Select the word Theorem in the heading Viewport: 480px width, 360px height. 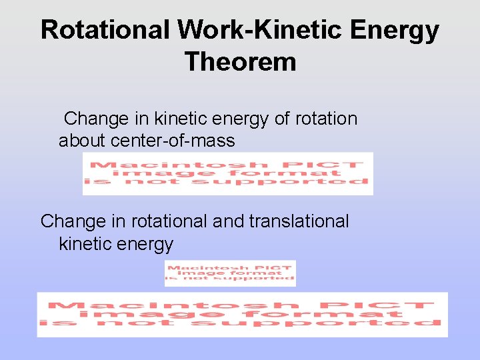pyautogui.click(x=240, y=62)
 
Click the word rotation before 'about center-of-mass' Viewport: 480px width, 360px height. pyautogui.click(x=326, y=119)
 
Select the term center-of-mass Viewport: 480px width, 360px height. pyautogui.click(x=173, y=141)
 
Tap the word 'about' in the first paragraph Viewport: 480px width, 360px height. pyautogui.click(x=83, y=141)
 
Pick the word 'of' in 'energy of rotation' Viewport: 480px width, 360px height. pyautogui.click(x=282, y=119)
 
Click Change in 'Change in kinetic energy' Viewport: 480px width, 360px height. pyautogui.click(x=96, y=119)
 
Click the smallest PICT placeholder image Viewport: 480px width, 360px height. pyautogui.click(x=230, y=273)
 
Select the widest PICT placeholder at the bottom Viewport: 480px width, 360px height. pyautogui.click(x=242, y=315)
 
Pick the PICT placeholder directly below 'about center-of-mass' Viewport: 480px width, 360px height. pyautogui.click(x=227, y=173)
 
